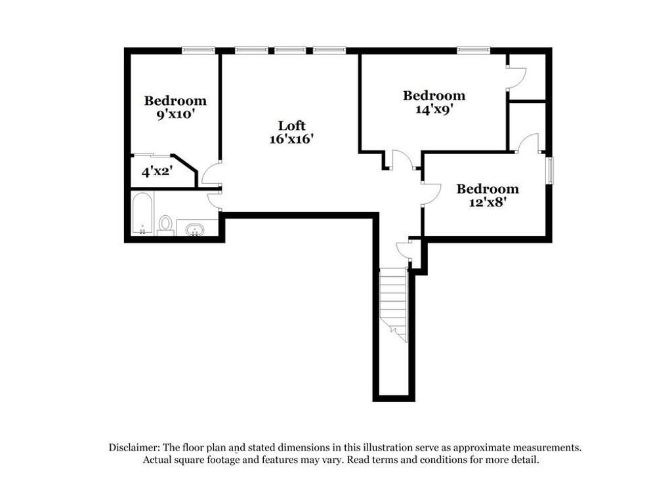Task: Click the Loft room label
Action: coord(291,125)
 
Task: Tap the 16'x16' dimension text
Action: coord(291,139)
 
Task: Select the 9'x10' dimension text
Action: coord(175,114)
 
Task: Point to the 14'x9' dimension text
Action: coord(434,110)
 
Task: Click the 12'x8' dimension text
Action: coord(488,203)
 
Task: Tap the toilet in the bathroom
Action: coord(165,224)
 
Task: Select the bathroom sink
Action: coord(195,230)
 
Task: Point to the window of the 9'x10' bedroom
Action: coord(199,49)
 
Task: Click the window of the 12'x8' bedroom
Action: coord(550,170)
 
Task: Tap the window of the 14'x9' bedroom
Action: coord(474,49)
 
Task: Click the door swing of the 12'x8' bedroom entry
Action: coord(430,193)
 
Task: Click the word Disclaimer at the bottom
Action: coord(135,447)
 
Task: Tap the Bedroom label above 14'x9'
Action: coord(434,96)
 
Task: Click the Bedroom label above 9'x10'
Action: coord(175,100)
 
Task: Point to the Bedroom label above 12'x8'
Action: coord(488,189)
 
